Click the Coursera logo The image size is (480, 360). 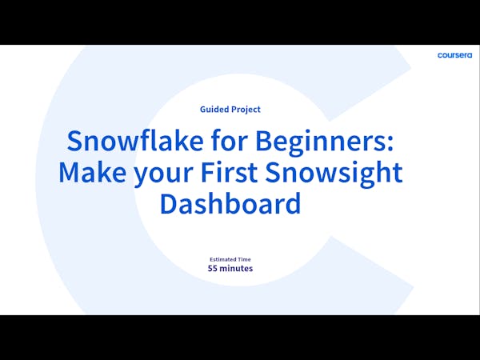click(x=455, y=55)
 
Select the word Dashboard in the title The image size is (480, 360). click(x=230, y=202)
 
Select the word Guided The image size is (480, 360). click(x=216, y=110)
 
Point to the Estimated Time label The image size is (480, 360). click(x=230, y=260)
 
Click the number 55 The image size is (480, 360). click(x=213, y=269)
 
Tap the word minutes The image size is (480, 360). click(x=238, y=269)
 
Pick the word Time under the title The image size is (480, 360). click(x=245, y=260)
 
